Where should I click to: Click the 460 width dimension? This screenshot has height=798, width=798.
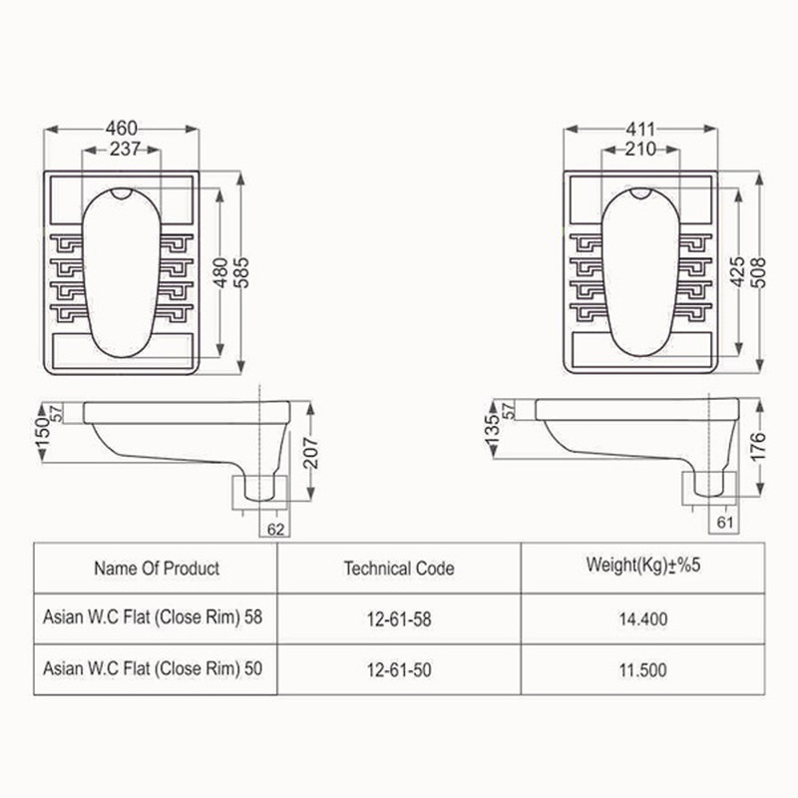(x=122, y=129)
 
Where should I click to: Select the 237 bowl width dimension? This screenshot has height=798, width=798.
(x=125, y=149)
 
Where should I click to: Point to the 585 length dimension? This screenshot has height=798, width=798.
(x=242, y=272)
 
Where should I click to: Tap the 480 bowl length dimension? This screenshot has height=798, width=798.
(x=221, y=272)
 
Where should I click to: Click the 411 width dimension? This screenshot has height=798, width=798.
(x=640, y=130)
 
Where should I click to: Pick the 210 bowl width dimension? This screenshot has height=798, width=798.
(x=640, y=150)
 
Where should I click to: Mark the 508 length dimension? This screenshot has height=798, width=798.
(x=758, y=272)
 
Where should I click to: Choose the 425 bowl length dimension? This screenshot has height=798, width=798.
(x=737, y=272)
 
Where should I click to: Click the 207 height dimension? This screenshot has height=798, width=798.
(x=311, y=453)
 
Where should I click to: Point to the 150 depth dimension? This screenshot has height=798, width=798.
(x=43, y=433)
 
